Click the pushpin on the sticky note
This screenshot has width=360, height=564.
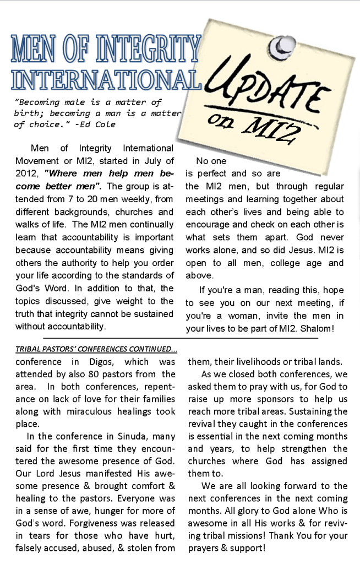(x=285, y=43)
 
